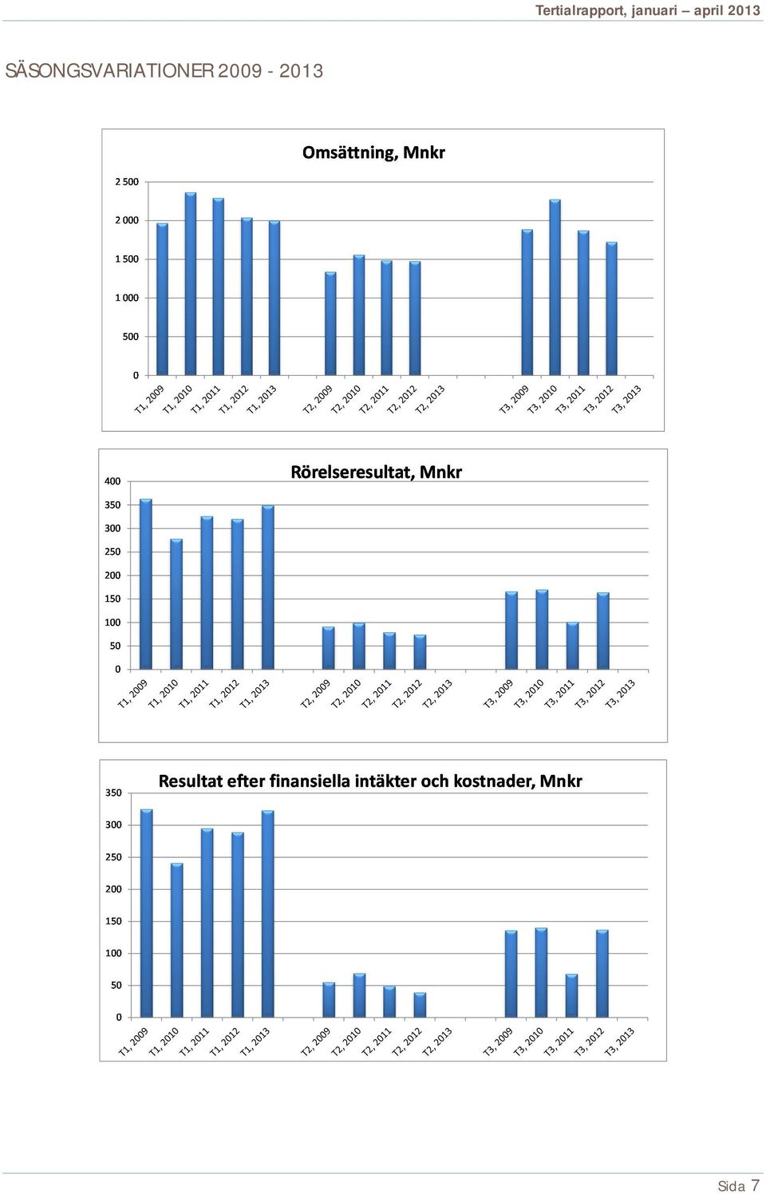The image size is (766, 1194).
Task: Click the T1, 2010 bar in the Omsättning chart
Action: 190,283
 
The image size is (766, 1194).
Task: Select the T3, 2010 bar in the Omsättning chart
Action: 555,287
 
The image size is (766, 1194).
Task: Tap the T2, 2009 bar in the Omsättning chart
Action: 330,323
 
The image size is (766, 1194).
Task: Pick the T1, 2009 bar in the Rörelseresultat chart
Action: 145,583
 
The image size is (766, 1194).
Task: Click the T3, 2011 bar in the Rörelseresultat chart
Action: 572,646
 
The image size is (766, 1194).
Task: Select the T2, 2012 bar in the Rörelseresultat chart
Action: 420,652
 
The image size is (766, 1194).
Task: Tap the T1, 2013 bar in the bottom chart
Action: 267,914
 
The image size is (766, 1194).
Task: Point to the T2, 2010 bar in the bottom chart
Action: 359,995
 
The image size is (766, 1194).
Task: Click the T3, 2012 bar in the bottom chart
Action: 602,974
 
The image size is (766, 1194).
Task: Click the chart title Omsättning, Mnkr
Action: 373,153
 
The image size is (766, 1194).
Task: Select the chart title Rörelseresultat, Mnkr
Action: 376,472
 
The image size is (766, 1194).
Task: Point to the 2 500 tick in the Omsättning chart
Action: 127,182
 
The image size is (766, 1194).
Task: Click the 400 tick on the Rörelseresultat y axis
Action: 113,481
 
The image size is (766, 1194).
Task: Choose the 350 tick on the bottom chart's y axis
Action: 113,793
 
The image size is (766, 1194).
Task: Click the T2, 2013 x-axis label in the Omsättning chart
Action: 429,399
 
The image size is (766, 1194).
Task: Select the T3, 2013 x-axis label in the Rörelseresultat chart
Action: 621,694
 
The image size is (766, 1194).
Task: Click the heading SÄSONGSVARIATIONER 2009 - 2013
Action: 164,71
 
